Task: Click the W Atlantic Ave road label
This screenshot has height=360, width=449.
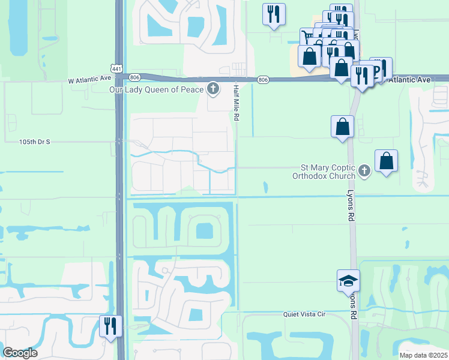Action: click(x=89, y=79)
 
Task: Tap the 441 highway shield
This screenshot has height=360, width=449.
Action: click(x=117, y=68)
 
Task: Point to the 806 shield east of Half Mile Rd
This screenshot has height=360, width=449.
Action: click(x=263, y=79)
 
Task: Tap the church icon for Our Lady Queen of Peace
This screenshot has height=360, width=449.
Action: click(x=212, y=89)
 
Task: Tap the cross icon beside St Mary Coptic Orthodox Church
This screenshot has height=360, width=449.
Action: click(x=363, y=172)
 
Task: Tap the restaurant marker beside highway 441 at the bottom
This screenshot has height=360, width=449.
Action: click(x=110, y=326)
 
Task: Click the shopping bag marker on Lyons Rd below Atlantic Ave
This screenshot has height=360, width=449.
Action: click(x=342, y=127)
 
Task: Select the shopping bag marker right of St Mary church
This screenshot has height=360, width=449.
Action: click(x=387, y=161)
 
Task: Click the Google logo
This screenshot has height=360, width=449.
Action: click(x=20, y=353)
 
